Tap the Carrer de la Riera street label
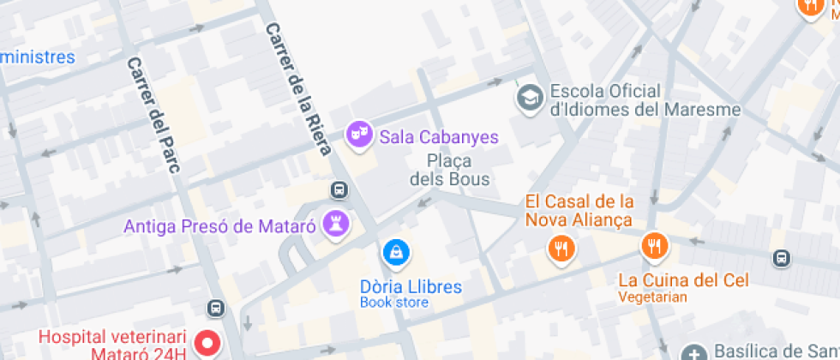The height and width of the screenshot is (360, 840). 297,88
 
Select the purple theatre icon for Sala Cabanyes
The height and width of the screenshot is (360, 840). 358,134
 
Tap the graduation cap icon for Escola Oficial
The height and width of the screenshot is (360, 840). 529,97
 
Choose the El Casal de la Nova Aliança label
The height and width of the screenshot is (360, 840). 579,211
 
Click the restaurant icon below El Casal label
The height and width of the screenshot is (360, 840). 561,249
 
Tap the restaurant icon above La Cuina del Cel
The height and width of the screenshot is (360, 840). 654,246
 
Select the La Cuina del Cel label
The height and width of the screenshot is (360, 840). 683,279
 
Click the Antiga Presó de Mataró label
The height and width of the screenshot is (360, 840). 220,227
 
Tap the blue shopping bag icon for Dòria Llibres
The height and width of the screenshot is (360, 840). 396,252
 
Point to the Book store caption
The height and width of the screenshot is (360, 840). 394,303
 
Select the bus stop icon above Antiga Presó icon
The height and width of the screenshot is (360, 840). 339,189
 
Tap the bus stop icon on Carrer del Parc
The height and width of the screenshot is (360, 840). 216,308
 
